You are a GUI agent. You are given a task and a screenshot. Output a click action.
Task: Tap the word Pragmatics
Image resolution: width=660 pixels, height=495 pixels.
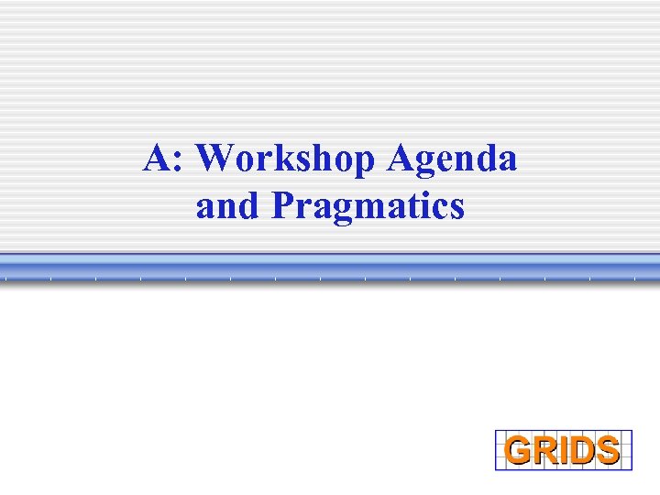click(368, 206)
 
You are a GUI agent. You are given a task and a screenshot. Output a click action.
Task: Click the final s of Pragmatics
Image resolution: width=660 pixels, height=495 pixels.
click(456, 209)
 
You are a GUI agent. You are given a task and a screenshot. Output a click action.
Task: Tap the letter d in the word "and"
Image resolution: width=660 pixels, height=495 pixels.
click(250, 206)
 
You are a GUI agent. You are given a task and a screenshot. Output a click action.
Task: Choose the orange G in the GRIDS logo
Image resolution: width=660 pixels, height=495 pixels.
click(520, 450)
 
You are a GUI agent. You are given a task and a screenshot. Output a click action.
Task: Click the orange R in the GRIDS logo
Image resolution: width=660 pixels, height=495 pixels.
click(544, 450)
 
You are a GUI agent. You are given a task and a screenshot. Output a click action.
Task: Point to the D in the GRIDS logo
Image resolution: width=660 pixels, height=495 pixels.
click(578, 450)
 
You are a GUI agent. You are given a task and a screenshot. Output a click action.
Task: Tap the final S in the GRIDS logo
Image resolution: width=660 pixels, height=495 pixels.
click(606, 450)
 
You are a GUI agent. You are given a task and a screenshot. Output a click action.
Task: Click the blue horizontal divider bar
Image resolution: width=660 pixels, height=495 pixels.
click(330, 269)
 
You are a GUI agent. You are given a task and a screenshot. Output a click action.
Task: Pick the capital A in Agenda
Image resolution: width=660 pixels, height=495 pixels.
click(401, 159)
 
